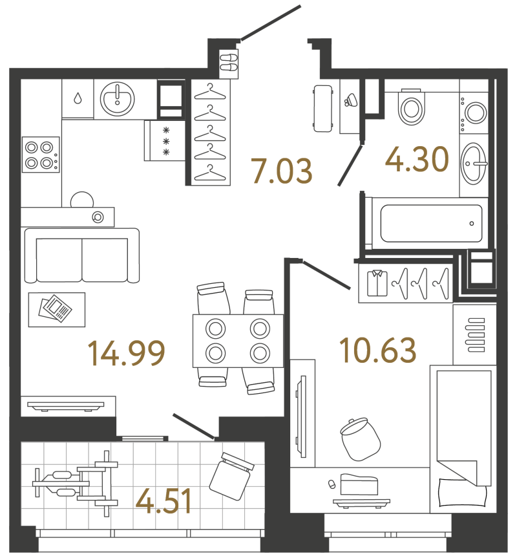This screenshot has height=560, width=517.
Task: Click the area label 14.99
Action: (127, 353)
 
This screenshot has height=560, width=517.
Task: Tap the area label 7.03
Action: (282, 171)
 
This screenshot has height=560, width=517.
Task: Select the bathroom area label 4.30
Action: (417, 159)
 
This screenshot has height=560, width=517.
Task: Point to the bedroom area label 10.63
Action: (378, 350)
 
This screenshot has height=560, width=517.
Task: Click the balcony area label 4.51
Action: (164, 501)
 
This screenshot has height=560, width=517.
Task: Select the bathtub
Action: (431, 223)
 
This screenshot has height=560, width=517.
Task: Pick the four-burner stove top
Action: (41, 155)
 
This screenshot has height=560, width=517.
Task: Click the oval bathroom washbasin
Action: (474, 164)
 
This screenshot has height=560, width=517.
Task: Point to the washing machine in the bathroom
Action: (474, 113)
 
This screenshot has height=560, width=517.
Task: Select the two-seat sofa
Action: (82, 255)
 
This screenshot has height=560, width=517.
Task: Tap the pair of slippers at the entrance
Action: (229, 63)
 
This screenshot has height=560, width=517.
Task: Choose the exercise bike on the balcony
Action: (76, 484)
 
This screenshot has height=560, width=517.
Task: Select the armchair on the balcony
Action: (231, 476)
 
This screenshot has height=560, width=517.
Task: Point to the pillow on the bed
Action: (462, 493)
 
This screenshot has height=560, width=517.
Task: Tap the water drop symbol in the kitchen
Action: (78, 98)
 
